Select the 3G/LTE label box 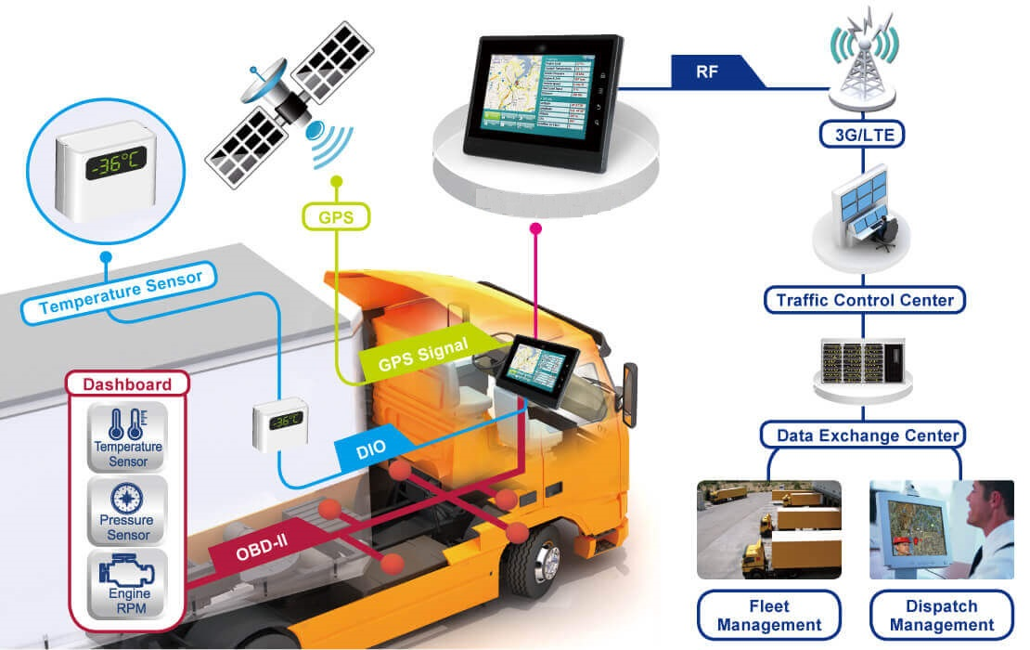(x=862, y=136)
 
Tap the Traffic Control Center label (x=864, y=300)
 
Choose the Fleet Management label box (x=768, y=615)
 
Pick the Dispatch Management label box (x=940, y=615)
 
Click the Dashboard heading (x=127, y=383)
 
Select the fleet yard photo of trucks (x=769, y=529)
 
